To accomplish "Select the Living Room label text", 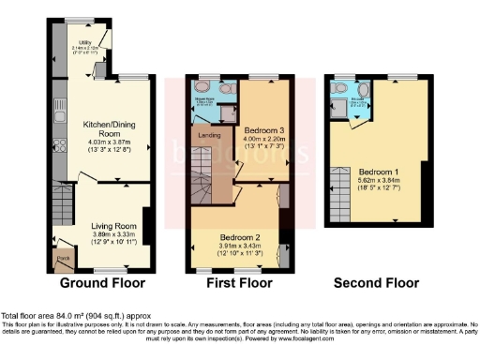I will point(113,226).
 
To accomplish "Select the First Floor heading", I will point(230,282).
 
